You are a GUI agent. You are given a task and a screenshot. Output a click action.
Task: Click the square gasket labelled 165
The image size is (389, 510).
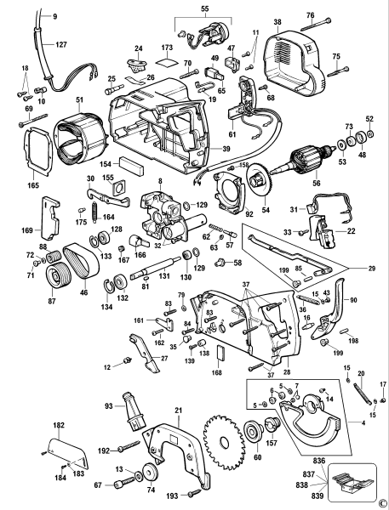[35, 150]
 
